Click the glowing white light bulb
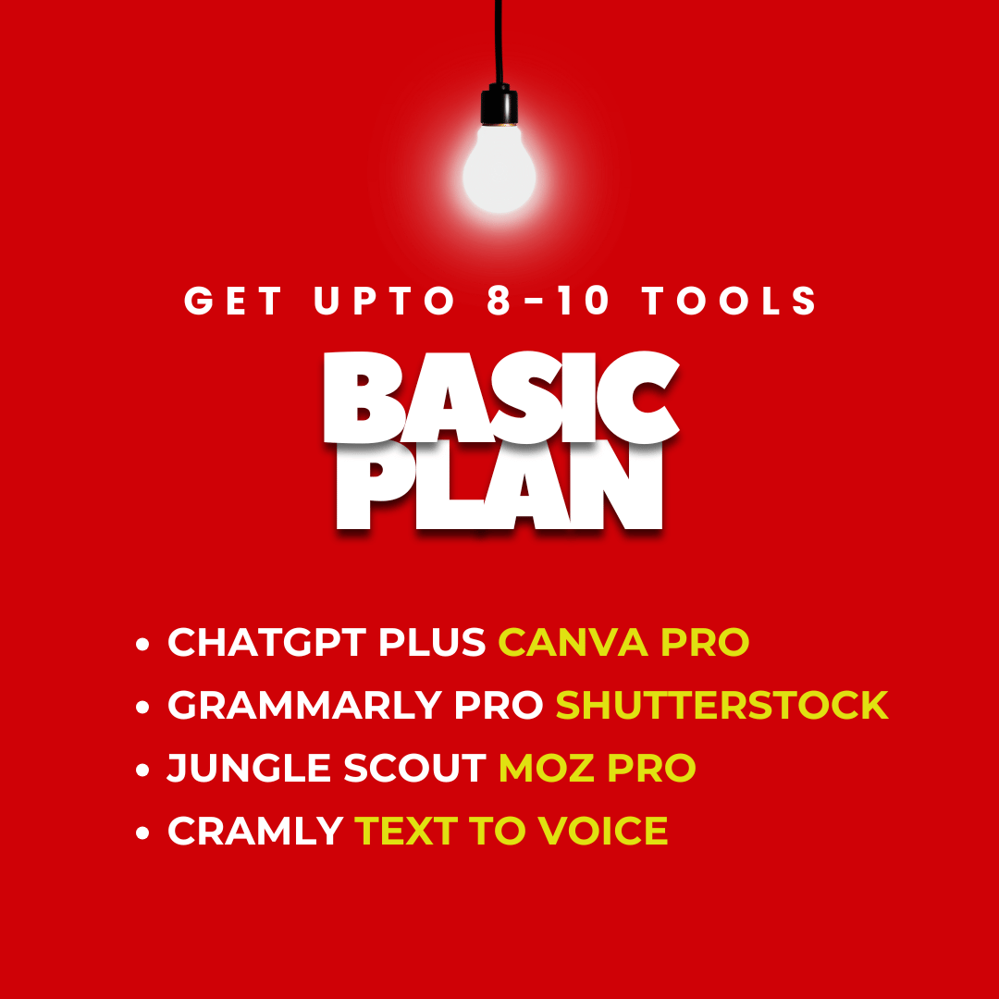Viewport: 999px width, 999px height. pyautogui.click(x=499, y=169)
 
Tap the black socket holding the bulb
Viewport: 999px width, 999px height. pyautogui.click(x=499, y=105)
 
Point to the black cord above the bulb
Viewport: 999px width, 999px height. pyautogui.click(x=499, y=42)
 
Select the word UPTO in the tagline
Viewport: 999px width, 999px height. pyautogui.click(x=385, y=300)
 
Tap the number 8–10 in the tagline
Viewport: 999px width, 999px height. pyautogui.click(x=548, y=300)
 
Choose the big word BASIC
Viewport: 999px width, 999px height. pyautogui.click(x=502, y=396)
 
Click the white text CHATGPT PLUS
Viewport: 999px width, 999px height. pyautogui.click(x=327, y=642)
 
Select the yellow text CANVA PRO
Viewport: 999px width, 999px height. pyautogui.click(x=623, y=642)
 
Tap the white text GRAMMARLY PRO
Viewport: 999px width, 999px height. pyautogui.click(x=355, y=705)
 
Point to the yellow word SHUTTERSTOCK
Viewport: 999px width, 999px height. pyautogui.click(x=721, y=705)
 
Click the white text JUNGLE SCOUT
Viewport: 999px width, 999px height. pyautogui.click(x=327, y=768)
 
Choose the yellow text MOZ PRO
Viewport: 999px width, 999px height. pyautogui.click(x=597, y=768)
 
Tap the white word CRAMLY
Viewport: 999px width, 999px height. pyautogui.click(x=255, y=830)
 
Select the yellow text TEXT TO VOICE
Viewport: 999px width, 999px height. pyautogui.click(x=511, y=830)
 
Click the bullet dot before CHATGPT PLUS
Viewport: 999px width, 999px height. pyautogui.click(x=142, y=644)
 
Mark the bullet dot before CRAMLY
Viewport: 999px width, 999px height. pyautogui.click(x=142, y=832)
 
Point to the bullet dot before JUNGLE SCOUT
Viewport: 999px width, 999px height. pyautogui.click(x=142, y=770)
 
